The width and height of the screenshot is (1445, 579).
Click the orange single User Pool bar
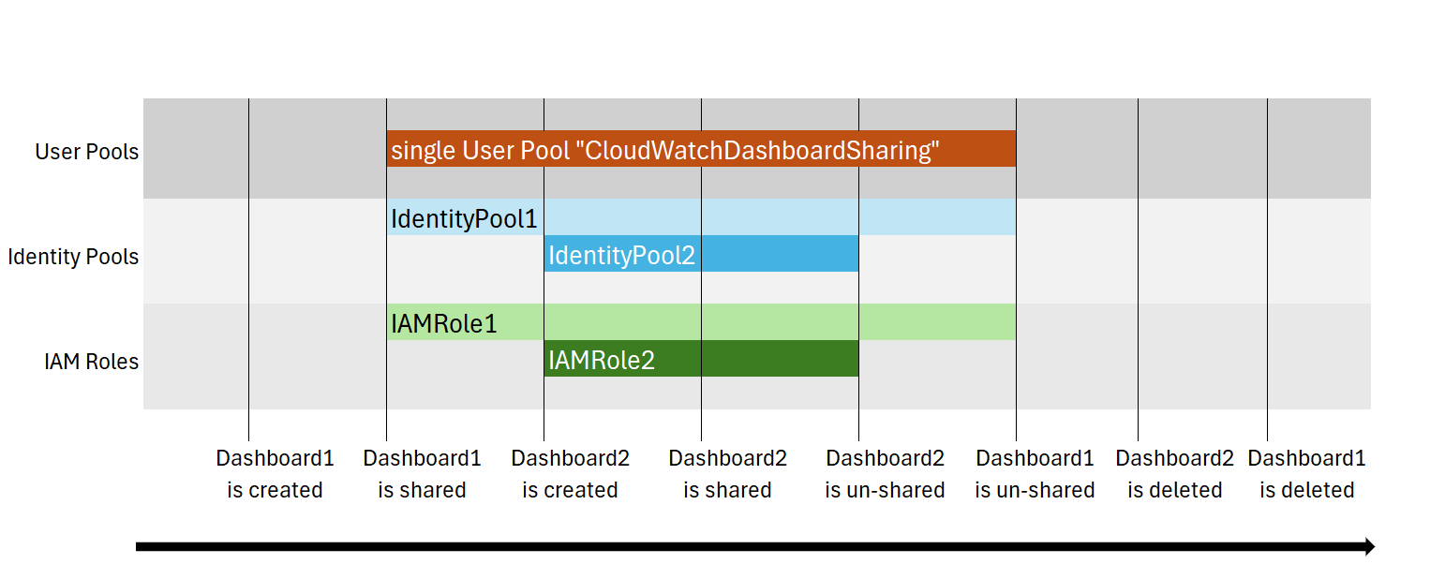701,149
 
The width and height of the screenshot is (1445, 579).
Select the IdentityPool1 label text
464,218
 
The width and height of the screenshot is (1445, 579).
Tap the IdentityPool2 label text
621,256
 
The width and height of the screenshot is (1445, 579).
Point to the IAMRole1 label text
444,323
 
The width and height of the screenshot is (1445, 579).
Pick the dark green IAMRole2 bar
701,359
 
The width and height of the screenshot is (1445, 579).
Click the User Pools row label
86,152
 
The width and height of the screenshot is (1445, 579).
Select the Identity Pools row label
73,257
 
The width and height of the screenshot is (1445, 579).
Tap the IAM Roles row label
91,362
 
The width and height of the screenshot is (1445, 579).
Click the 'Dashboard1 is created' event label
275,474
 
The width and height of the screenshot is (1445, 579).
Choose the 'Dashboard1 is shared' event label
422,474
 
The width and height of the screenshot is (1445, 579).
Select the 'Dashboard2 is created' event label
571,474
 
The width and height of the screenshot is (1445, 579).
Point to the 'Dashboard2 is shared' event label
728,474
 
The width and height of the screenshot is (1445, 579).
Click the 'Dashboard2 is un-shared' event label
885,474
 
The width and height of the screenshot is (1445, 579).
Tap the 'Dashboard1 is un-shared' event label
1035,474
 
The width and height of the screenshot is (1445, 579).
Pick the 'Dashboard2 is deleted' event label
1175,474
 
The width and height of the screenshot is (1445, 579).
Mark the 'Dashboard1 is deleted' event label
1307,474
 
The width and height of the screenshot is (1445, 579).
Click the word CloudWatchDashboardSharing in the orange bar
756,150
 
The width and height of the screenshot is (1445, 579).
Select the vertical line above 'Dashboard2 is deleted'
1138,270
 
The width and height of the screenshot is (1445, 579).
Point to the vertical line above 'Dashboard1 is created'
248,270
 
